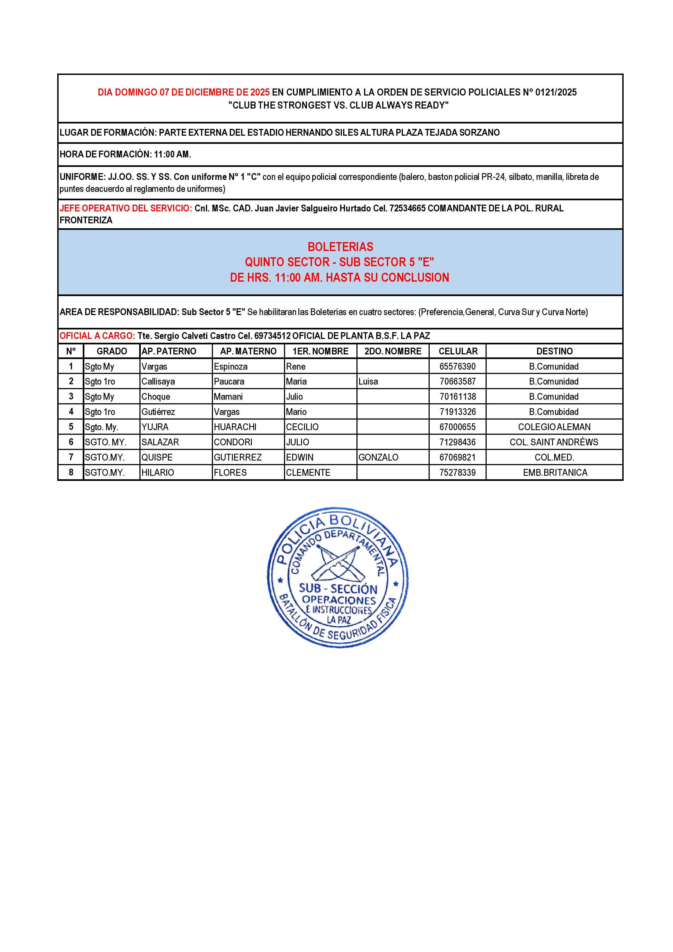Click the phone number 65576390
click(458, 367)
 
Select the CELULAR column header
click(458, 351)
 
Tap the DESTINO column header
click(554, 351)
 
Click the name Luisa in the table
click(368, 382)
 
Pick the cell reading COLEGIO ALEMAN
click(554, 427)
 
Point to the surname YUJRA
click(155, 427)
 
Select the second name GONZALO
click(378, 457)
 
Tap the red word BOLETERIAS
click(340, 247)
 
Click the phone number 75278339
click(458, 473)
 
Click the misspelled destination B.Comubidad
click(554, 412)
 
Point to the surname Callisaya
click(158, 382)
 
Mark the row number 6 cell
click(71, 442)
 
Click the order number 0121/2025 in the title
click(556, 93)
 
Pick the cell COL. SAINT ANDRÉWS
click(554, 442)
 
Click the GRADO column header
click(112, 351)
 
